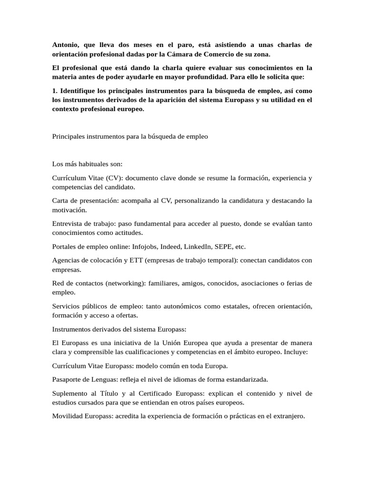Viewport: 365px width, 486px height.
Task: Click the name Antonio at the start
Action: click(x=66, y=45)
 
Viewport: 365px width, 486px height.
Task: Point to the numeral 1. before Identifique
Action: click(x=55, y=91)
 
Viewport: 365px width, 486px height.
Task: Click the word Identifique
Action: click(x=80, y=91)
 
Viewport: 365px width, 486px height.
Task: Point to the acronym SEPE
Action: click(x=224, y=247)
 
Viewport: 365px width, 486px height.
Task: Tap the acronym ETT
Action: click(x=137, y=261)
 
